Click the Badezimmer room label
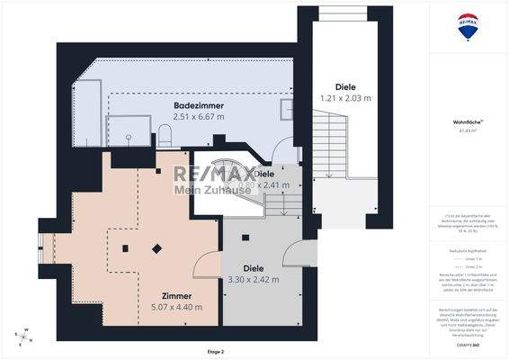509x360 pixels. click(x=199, y=105)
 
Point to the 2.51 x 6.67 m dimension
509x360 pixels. click(x=199, y=116)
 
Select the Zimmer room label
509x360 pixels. click(x=176, y=296)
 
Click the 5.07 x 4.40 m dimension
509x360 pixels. click(x=176, y=307)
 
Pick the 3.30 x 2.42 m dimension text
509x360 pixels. click(x=254, y=279)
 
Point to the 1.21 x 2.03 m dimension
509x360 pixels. click(x=346, y=96)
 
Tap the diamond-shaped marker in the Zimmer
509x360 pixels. click(x=157, y=248)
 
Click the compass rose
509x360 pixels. click(x=22, y=337)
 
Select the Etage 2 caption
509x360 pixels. click(x=215, y=351)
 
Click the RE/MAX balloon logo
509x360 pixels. click(x=467, y=28)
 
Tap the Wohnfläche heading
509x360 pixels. click(x=466, y=120)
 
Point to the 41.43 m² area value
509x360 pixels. click(x=466, y=130)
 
